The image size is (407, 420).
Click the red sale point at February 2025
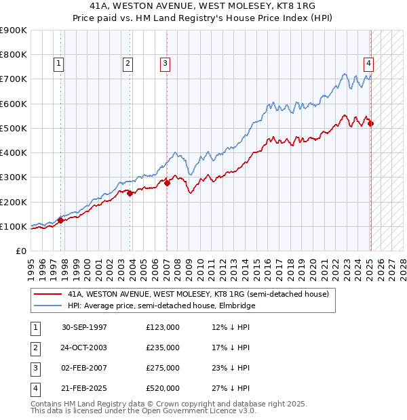(x=370, y=123)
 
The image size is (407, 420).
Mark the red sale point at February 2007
(x=167, y=183)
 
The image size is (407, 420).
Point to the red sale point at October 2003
(x=130, y=193)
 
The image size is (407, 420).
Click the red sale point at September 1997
(x=60, y=220)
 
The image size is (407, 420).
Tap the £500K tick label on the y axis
(x=14, y=128)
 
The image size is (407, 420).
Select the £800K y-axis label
(x=14, y=54)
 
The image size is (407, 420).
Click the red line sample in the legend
(x=47, y=294)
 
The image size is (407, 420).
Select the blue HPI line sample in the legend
(x=47, y=306)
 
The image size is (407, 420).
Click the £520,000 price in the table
(x=163, y=388)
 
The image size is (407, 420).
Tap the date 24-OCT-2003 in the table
(x=84, y=348)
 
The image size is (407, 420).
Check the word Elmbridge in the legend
(x=237, y=306)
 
